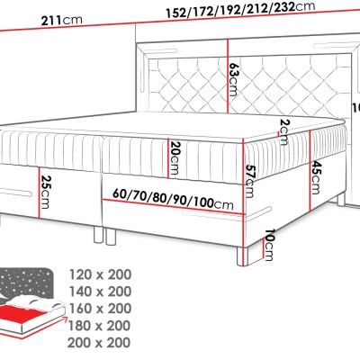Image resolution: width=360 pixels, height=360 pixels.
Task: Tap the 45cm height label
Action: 314,179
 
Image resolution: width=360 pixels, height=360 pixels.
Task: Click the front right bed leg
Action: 238,253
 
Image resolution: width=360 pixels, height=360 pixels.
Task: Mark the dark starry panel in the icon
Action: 27,283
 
